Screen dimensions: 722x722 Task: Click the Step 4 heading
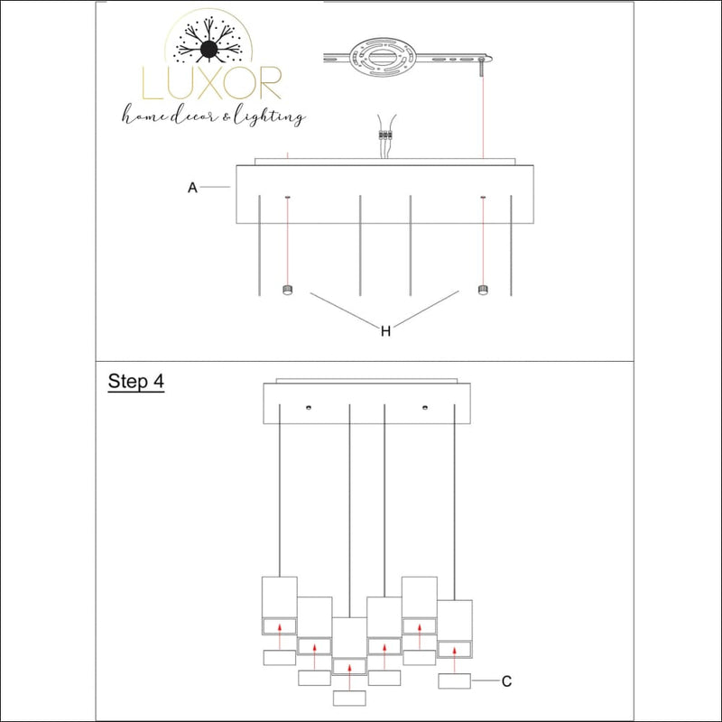click(136, 382)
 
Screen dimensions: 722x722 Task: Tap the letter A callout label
click(192, 188)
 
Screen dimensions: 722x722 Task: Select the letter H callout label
click(386, 330)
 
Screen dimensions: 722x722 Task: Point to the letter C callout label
click(506, 681)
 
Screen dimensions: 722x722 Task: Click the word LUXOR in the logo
click(212, 83)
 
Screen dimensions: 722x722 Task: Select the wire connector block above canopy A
click(385, 134)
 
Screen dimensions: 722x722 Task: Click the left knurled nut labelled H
click(287, 290)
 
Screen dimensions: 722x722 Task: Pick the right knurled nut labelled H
click(483, 290)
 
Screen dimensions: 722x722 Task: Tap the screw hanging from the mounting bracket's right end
click(482, 67)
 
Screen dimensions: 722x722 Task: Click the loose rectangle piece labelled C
click(455, 681)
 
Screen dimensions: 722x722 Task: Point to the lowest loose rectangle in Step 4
click(349, 698)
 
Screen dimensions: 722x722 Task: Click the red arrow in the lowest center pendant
click(349, 677)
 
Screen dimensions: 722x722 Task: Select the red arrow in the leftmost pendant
click(280, 636)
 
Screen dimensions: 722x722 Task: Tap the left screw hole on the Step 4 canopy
click(308, 408)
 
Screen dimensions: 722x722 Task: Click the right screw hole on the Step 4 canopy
click(424, 408)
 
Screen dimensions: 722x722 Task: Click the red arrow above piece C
click(455, 660)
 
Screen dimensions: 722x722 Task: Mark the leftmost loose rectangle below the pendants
click(280, 658)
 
